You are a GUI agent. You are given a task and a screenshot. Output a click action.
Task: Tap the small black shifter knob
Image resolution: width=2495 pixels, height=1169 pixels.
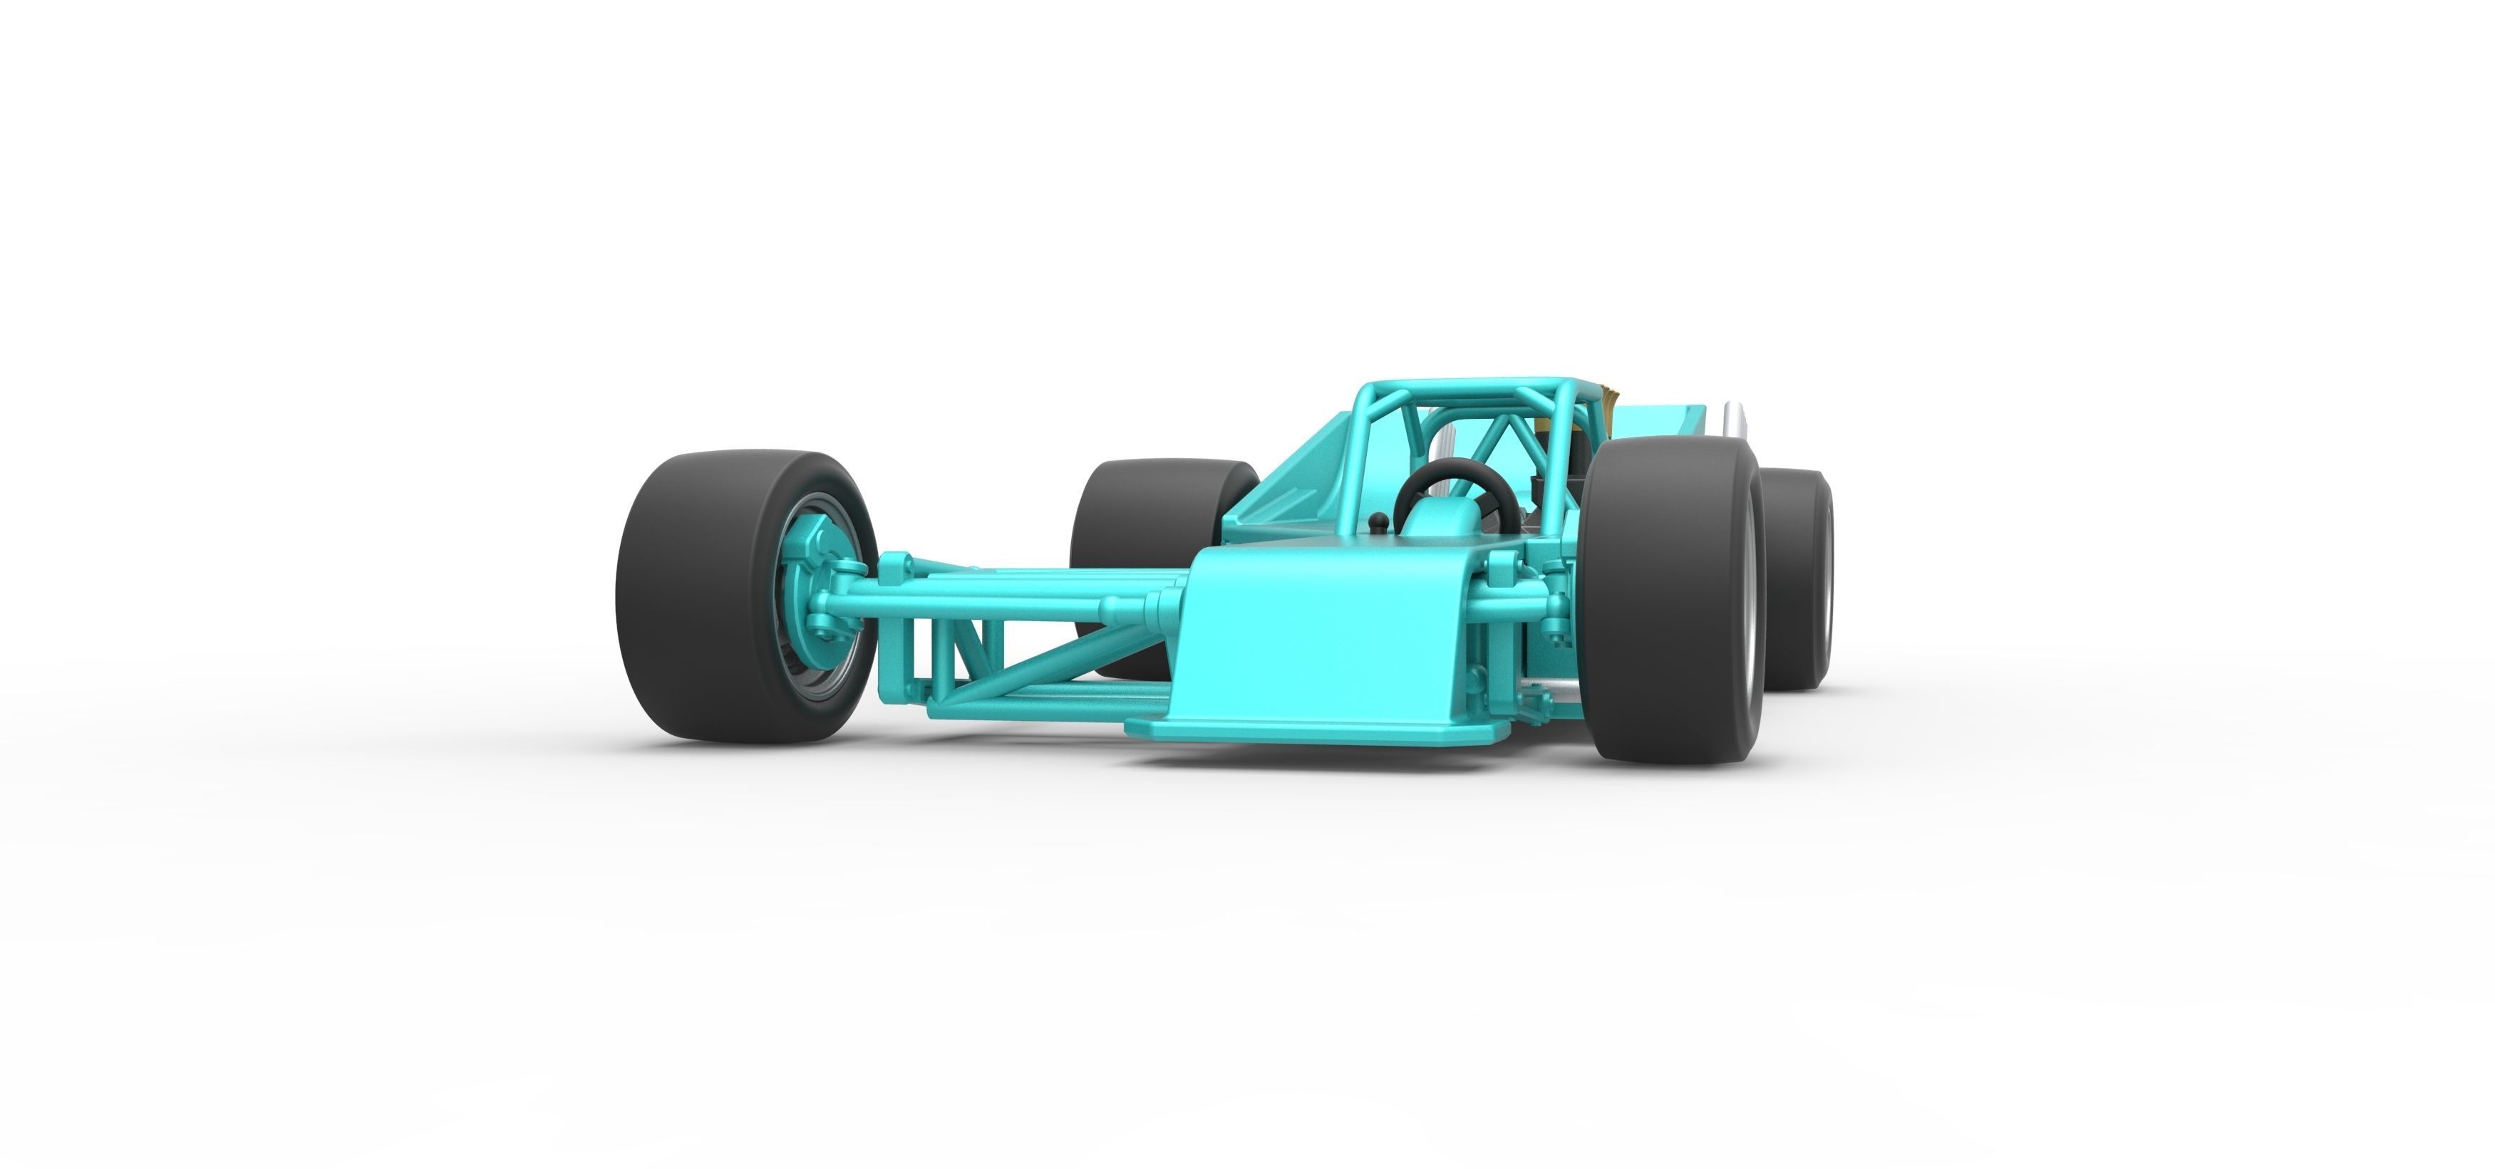click(1380, 524)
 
